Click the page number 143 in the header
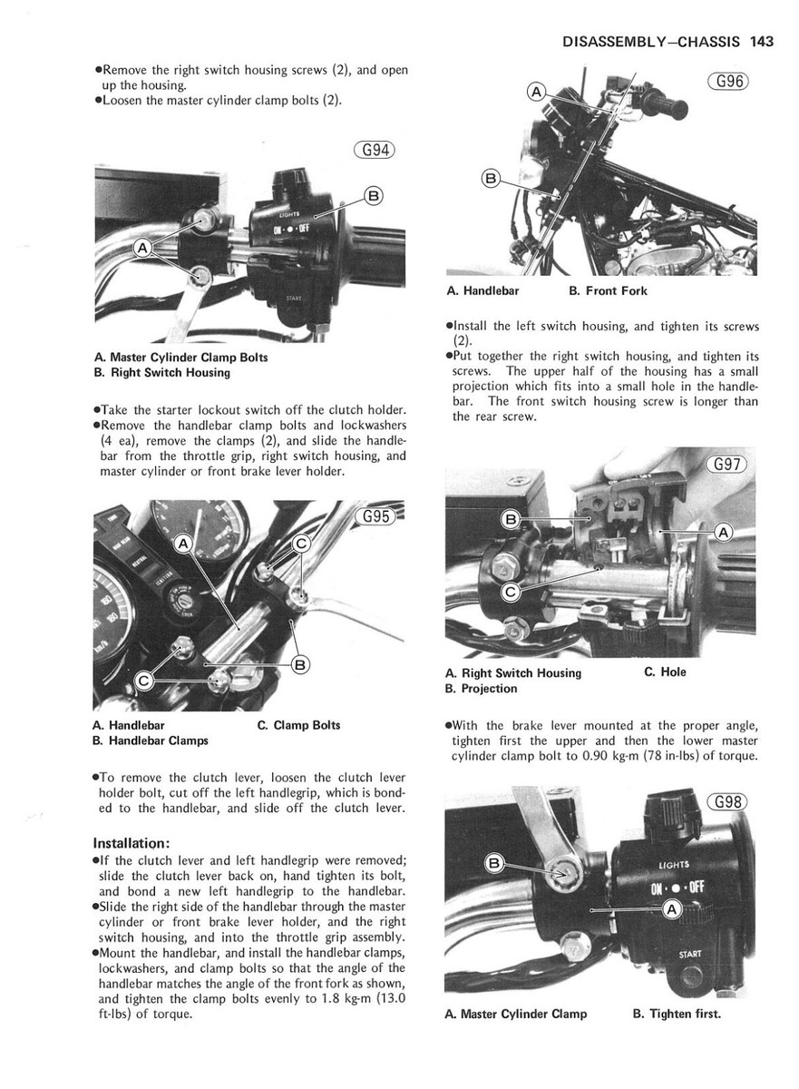(761, 41)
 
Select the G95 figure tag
(375, 517)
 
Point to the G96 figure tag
(729, 82)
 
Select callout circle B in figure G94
(373, 195)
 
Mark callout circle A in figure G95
(183, 544)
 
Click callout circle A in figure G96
(536, 93)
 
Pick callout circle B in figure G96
(491, 179)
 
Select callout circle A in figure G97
(723, 533)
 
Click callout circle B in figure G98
(494, 863)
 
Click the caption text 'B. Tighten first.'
(676, 1014)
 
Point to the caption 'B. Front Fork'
(608, 291)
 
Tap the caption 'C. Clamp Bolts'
(298, 725)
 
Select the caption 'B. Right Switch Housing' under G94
(161, 373)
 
